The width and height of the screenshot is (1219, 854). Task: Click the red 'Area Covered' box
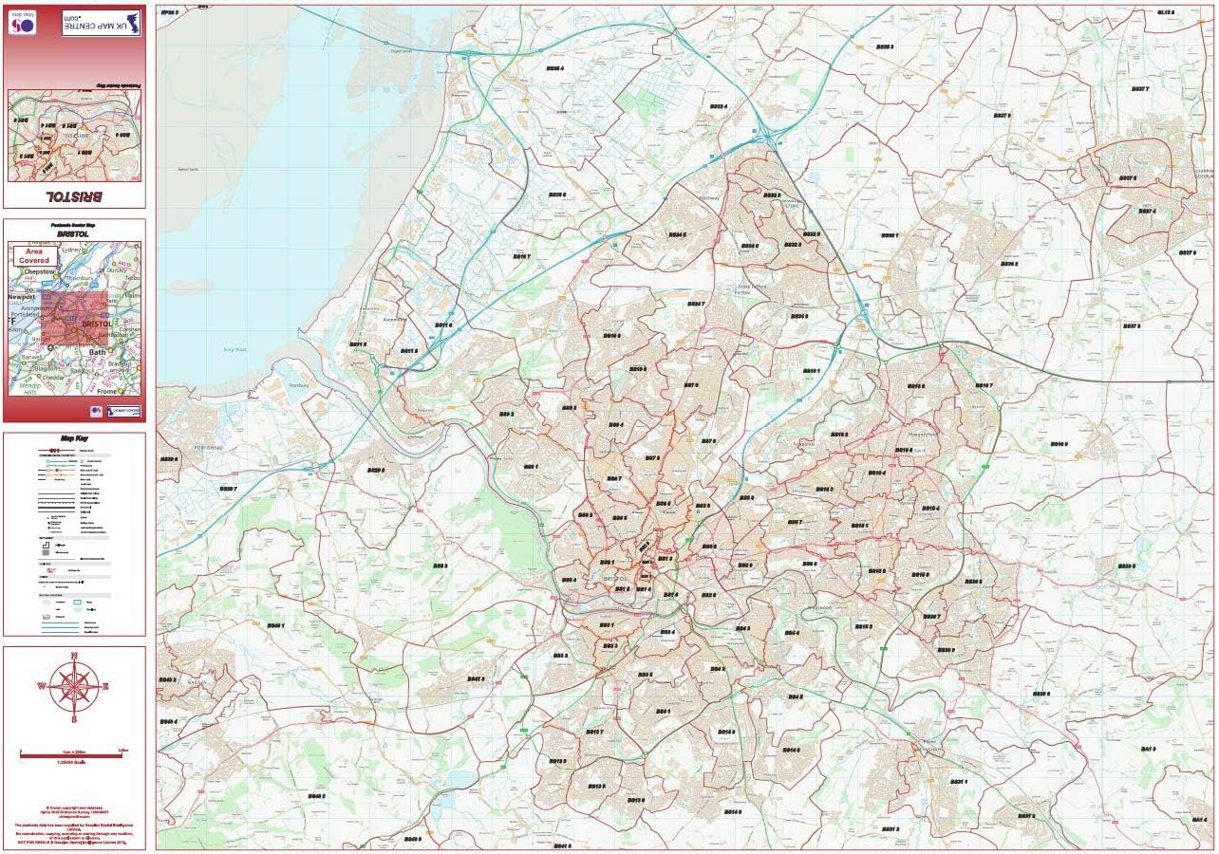pyautogui.click(x=33, y=254)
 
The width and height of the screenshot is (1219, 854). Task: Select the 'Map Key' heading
pyautogui.click(x=74, y=439)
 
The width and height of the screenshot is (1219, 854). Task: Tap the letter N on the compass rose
pyautogui.click(x=74, y=657)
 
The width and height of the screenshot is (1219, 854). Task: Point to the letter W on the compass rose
pyautogui.click(x=42, y=686)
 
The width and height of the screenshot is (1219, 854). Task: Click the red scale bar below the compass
pyautogui.click(x=74, y=754)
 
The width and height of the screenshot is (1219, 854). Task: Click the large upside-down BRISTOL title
pyautogui.click(x=74, y=195)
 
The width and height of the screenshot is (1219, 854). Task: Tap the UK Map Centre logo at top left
pyautogui.click(x=101, y=23)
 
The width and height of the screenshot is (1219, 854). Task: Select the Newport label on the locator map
pyautogui.click(x=21, y=297)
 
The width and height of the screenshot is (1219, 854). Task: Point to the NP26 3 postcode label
pyautogui.click(x=170, y=12)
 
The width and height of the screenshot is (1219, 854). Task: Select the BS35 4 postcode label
pyautogui.click(x=554, y=68)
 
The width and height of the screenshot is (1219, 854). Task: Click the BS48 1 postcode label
pyautogui.click(x=274, y=626)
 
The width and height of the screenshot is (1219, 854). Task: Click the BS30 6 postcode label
pyautogui.click(x=1041, y=694)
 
